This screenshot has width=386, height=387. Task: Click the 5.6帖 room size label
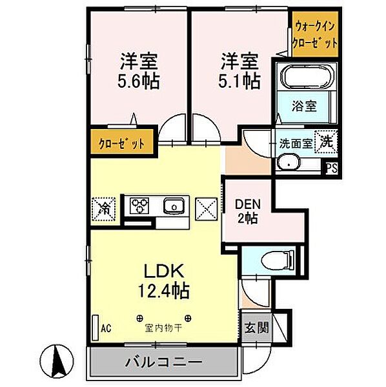[x=139, y=82]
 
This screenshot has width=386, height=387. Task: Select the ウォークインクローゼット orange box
[x=316, y=35]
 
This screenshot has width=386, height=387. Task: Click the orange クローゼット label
[x=122, y=141]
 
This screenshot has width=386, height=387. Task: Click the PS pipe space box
[x=331, y=168]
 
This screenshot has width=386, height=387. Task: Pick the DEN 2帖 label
[x=247, y=209]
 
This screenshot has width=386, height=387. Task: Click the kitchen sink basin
[x=173, y=206]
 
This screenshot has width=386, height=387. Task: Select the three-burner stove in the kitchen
[x=139, y=206]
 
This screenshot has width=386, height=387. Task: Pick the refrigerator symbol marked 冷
[x=103, y=207]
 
